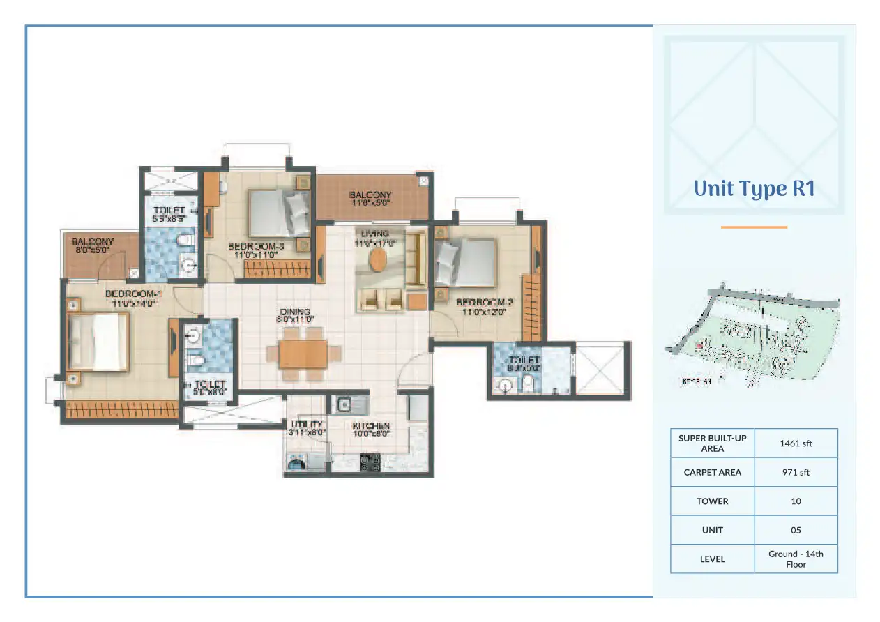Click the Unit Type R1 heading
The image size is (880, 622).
coord(754,189)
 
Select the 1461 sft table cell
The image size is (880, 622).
coord(796,443)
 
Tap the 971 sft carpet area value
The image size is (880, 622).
coord(796,472)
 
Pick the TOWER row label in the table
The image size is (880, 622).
coord(712,501)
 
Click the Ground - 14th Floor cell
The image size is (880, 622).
coord(796,559)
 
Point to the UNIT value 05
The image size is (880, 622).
coord(796,530)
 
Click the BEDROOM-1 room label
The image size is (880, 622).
coord(132,298)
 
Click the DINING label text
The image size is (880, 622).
coord(296,315)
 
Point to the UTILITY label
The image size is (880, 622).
coord(307,427)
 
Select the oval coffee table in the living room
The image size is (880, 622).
coord(378,261)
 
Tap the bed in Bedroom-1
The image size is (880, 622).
coord(98,341)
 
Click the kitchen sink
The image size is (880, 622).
coord(344,404)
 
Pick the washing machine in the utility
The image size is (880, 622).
coord(297,462)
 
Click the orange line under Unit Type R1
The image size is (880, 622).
coord(754,227)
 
